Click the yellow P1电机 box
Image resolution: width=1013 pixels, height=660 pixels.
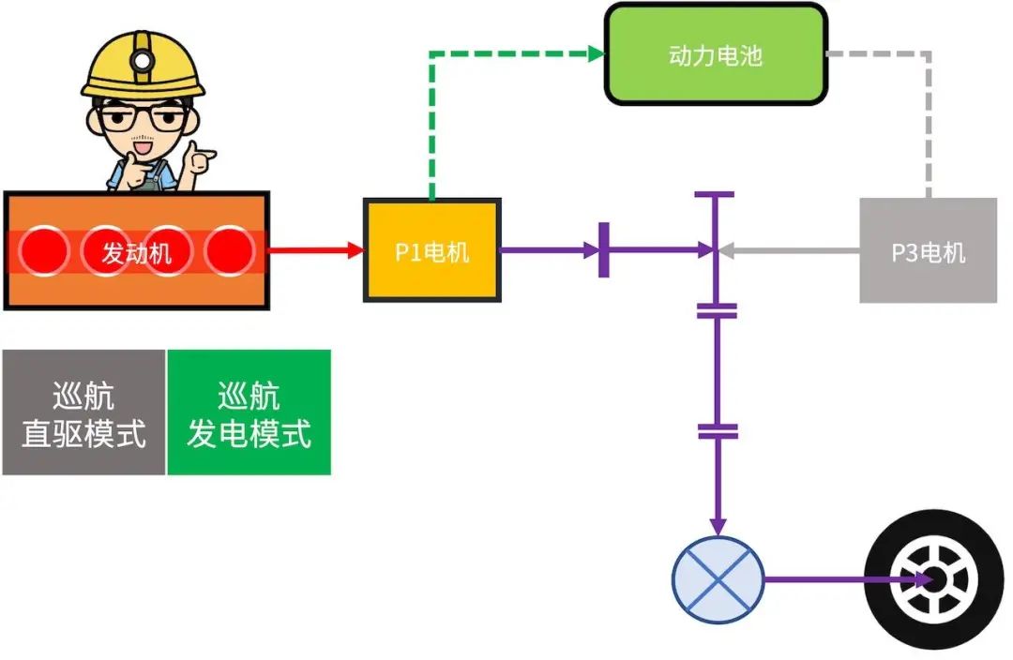[x=431, y=250]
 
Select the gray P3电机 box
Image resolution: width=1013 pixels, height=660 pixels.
[x=928, y=250]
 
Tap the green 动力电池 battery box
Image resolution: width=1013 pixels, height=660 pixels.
[x=716, y=54]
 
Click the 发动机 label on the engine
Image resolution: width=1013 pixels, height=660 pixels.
[x=137, y=252]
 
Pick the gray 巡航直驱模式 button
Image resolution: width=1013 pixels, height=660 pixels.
[x=83, y=412]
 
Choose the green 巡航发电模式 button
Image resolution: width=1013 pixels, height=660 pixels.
[x=249, y=412]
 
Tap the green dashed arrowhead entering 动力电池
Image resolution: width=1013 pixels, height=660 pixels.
[x=597, y=54]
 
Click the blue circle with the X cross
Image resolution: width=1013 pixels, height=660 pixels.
[x=718, y=579]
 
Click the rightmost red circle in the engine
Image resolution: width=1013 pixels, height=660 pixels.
[x=229, y=251]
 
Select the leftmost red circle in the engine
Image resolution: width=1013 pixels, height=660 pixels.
[x=44, y=251]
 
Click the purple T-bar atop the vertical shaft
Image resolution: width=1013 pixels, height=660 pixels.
[x=716, y=195]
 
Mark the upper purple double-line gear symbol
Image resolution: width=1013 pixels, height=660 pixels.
[x=718, y=310]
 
